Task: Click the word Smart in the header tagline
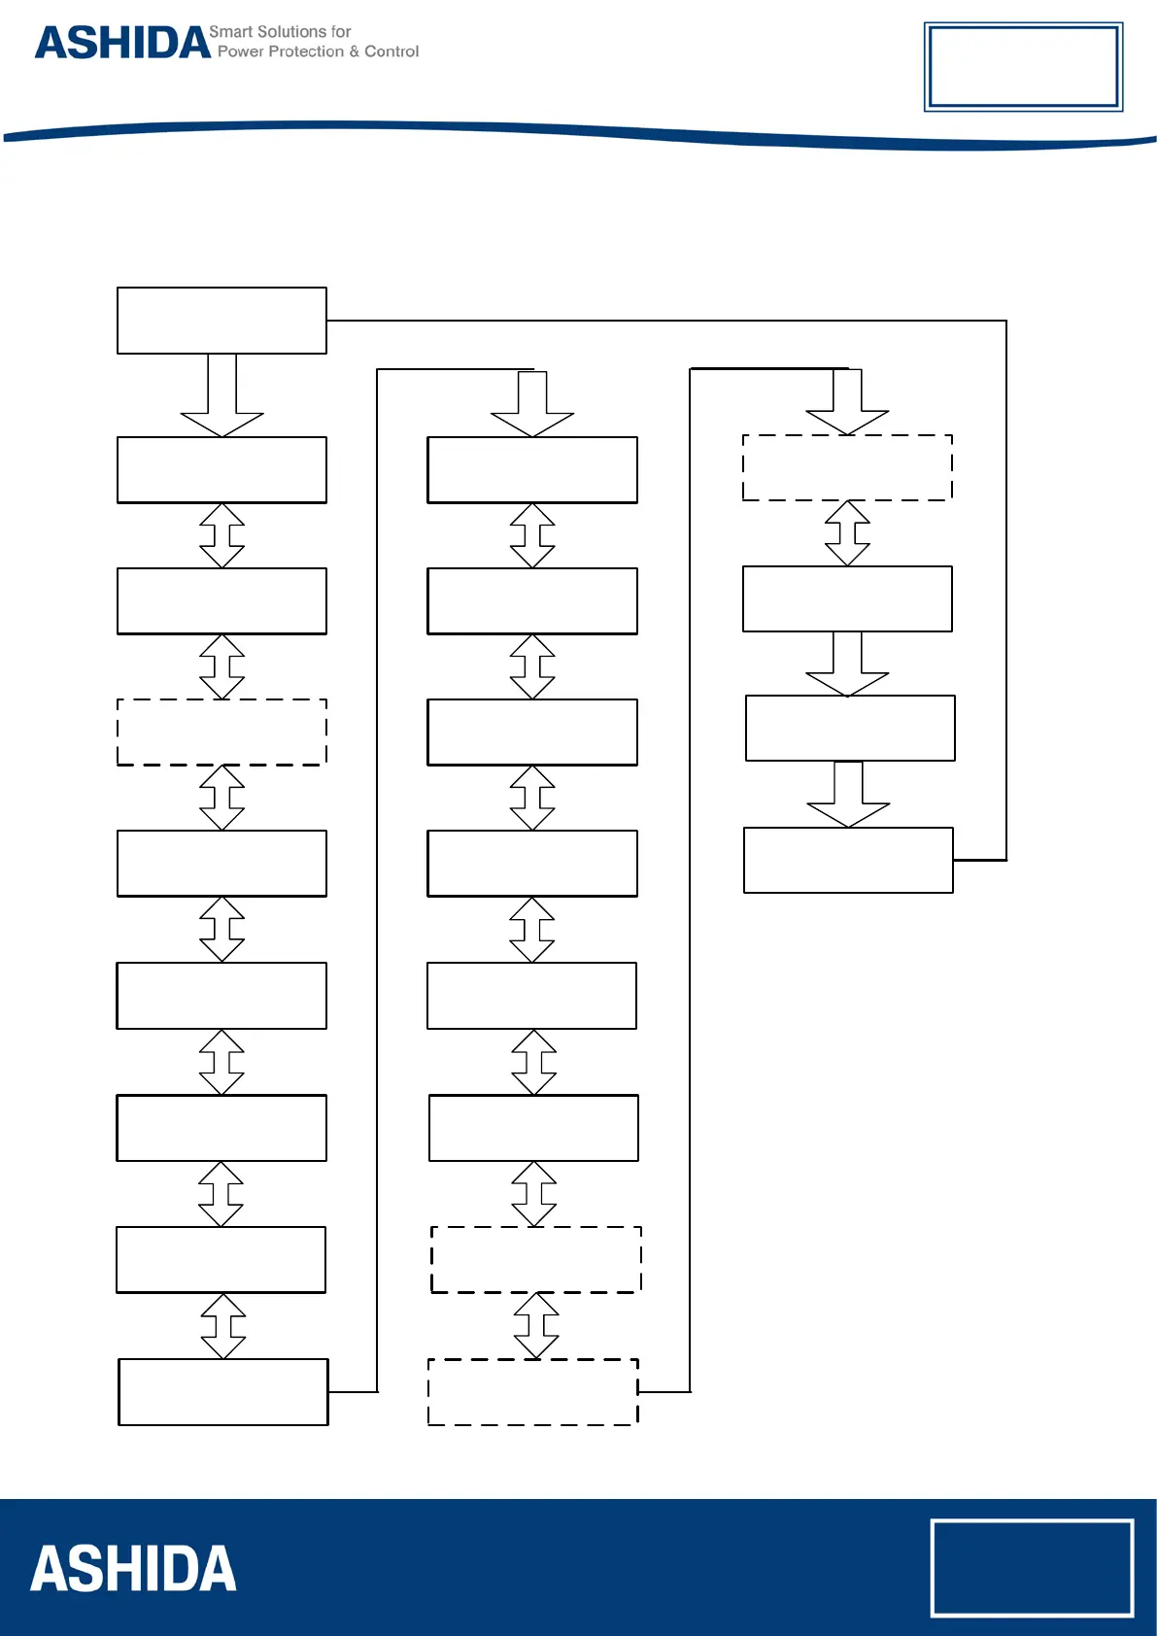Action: coord(230,32)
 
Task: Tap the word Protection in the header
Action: coord(306,51)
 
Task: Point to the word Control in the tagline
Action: coord(391,51)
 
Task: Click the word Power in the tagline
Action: coord(240,51)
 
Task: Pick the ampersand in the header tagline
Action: coord(355,51)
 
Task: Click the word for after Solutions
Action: coord(341,32)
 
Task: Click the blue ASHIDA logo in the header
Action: coord(122,44)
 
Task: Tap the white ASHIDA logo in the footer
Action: coord(133,1569)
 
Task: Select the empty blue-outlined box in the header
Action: coord(1023,66)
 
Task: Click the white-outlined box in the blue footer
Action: coord(1032,1568)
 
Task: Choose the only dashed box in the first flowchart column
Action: coord(221,732)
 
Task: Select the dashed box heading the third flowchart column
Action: coord(847,467)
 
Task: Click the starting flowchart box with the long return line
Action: coord(221,321)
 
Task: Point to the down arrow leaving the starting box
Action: coord(221,395)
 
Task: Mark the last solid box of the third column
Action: coord(848,860)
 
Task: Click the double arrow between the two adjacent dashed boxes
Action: coord(536,1325)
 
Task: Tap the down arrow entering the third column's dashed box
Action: coord(847,401)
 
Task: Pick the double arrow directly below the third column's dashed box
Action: coord(847,533)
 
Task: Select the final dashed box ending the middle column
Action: coord(533,1392)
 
